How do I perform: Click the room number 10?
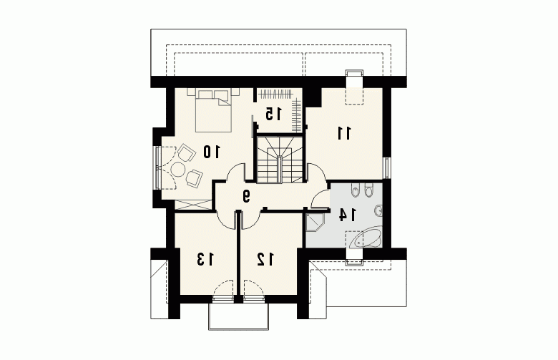(212, 152)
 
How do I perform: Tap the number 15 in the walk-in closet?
(273, 114)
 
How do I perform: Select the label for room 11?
(344, 133)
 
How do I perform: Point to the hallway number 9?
(246, 196)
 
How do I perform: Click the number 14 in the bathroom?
(347, 215)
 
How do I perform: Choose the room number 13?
(206, 259)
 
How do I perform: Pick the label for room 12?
(266, 259)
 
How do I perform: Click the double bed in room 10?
(213, 110)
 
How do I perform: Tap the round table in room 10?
(177, 169)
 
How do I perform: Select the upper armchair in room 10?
(186, 153)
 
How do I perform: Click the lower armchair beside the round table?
(194, 178)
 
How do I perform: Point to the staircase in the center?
(280, 159)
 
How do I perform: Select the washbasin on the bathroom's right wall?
(378, 211)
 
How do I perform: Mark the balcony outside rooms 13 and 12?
(238, 316)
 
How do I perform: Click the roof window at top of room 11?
(354, 87)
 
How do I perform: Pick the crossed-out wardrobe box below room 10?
(193, 205)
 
